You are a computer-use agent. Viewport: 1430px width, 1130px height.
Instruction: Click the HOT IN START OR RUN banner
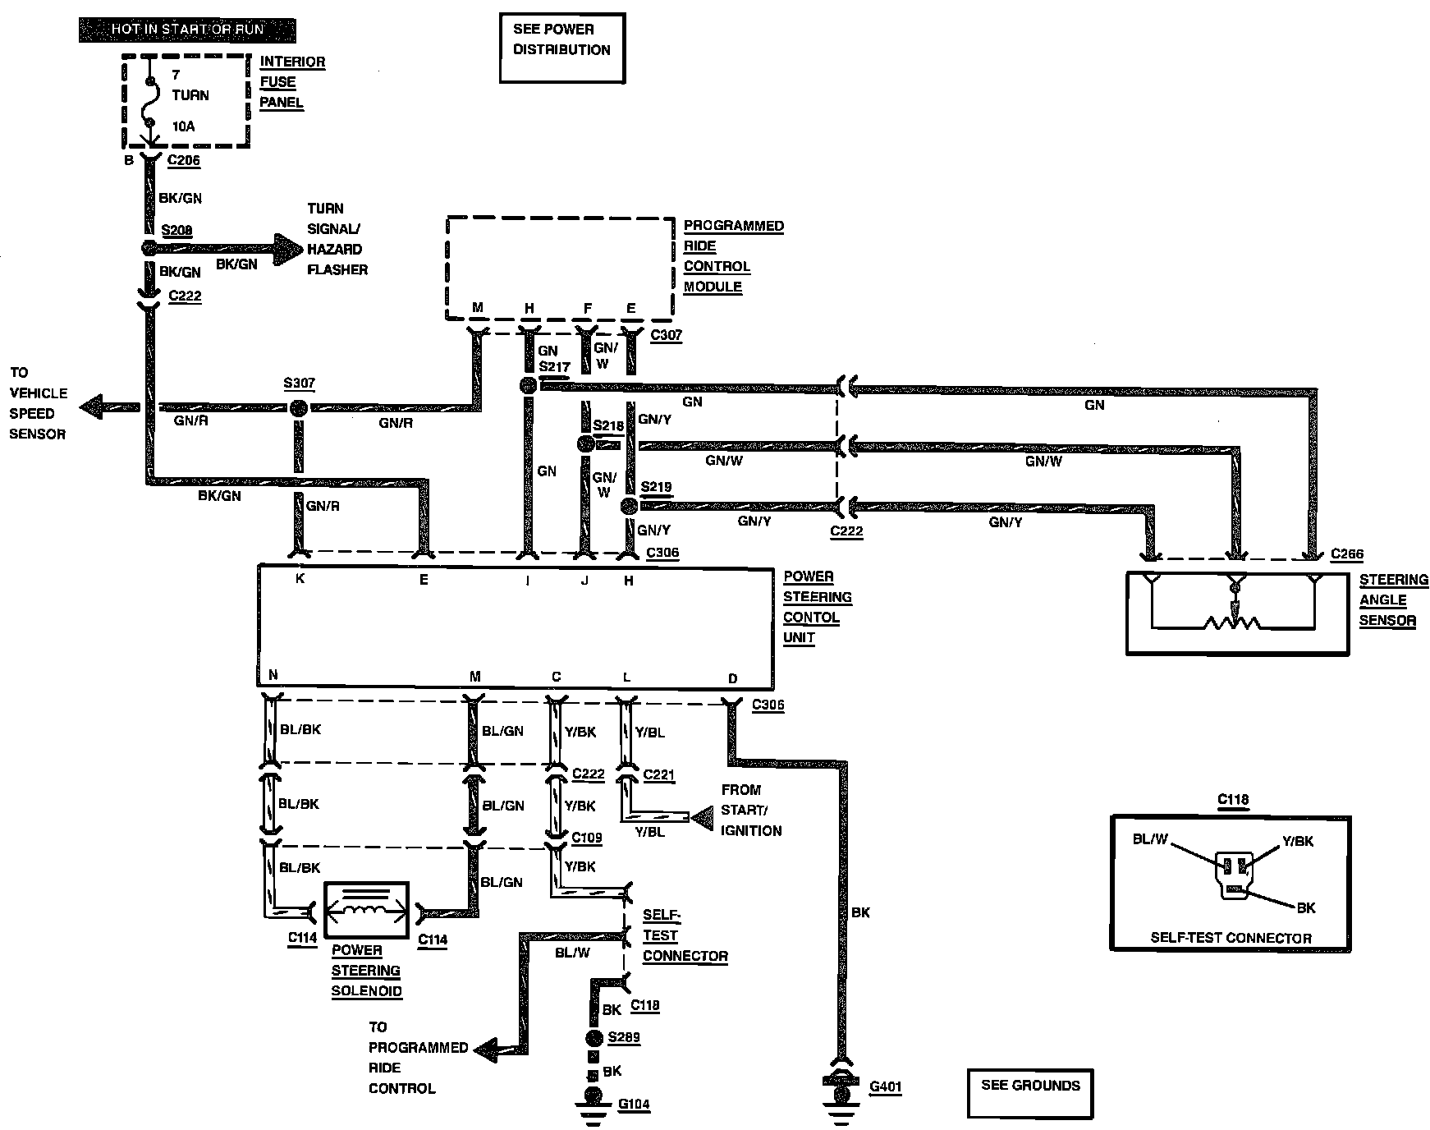click(187, 30)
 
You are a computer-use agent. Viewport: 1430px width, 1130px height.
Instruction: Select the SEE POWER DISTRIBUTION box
click(562, 48)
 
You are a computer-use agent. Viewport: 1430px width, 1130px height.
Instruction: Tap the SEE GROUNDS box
click(1031, 1093)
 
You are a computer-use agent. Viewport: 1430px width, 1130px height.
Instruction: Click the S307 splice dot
click(298, 408)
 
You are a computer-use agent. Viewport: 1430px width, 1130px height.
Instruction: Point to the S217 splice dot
click(529, 386)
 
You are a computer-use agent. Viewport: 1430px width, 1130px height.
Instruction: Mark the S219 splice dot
click(630, 505)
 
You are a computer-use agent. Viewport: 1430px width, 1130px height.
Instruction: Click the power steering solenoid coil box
click(367, 911)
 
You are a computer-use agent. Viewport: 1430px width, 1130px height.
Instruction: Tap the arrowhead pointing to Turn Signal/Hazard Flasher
click(288, 248)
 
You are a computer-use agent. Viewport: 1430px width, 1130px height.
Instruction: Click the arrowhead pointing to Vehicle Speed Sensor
click(95, 407)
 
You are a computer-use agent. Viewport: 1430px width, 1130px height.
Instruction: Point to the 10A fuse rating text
click(183, 126)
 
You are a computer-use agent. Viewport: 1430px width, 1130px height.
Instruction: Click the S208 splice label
click(176, 231)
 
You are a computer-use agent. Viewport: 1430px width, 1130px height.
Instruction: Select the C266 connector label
click(1347, 554)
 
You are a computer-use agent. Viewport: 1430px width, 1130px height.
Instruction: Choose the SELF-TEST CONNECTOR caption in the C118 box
click(1231, 938)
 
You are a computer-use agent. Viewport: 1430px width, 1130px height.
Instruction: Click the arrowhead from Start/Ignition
click(703, 817)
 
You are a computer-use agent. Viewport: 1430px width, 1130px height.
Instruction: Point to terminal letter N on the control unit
click(273, 676)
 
